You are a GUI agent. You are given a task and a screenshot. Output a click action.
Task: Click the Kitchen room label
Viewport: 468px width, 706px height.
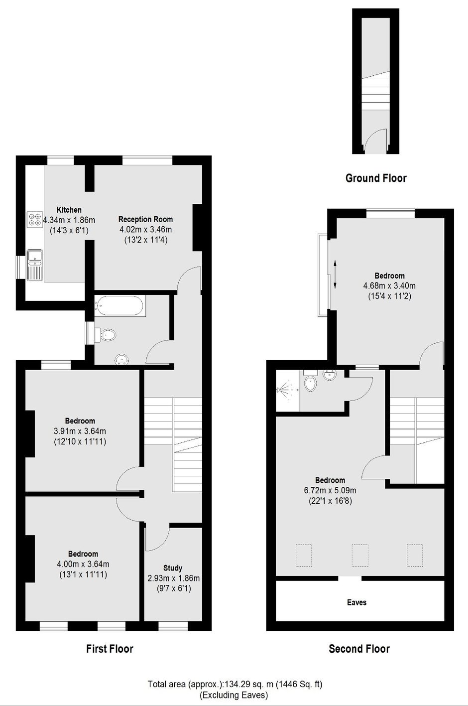[x=69, y=210]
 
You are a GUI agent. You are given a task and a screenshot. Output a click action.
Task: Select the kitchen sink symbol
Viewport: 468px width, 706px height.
[x=35, y=265]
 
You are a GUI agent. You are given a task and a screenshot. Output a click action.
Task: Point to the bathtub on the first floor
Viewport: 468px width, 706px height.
[x=119, y=306]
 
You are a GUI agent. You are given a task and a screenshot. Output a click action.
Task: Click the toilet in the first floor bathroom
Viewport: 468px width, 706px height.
[x=106, y=334]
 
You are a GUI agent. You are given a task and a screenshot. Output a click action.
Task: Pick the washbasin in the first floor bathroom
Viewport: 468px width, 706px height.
[x=121, y=359]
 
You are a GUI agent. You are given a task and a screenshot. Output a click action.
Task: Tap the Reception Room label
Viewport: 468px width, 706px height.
[x=145, y=219]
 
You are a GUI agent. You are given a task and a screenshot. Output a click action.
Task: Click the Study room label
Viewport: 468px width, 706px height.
[x=173, y=567]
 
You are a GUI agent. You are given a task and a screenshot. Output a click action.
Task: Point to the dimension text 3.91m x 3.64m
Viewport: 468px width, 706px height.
[x=80, y=431]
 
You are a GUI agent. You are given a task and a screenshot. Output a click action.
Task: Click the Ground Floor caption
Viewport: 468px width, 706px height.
[x=376, y=178]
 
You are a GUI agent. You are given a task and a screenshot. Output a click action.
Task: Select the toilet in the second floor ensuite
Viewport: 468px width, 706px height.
[x=310, y=381]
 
